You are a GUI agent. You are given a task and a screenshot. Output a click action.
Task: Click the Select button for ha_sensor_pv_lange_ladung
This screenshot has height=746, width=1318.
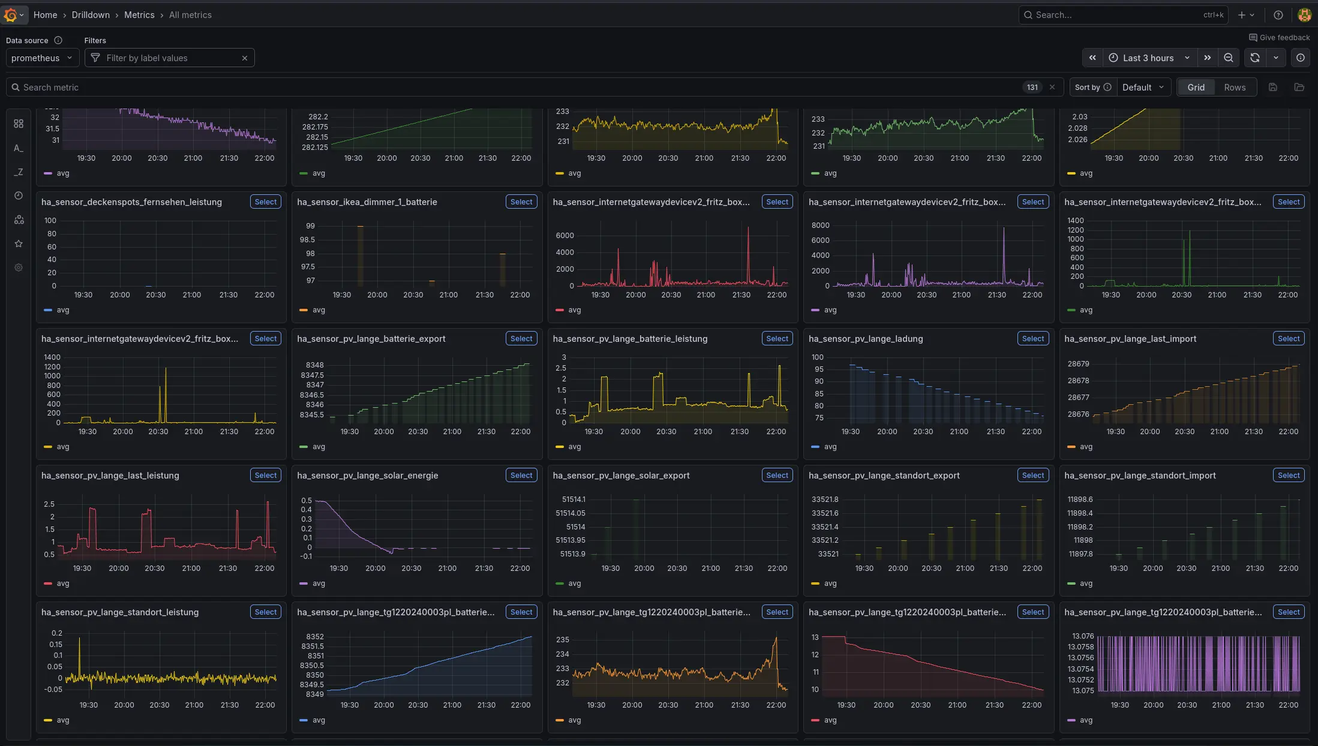point(1032,339)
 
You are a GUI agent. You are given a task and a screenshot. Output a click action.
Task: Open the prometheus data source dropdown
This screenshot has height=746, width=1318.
point(42,58)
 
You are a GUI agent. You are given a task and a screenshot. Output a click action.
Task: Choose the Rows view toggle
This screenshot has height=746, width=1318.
point(1234,88)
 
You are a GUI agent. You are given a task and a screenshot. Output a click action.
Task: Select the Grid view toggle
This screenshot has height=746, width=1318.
point(1195,88)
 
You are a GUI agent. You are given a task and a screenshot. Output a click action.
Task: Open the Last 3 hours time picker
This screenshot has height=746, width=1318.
point(1148,58)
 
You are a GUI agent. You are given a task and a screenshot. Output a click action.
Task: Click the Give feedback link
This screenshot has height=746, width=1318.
point(1279,38)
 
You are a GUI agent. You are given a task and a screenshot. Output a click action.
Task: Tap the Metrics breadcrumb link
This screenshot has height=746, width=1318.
point(139,15)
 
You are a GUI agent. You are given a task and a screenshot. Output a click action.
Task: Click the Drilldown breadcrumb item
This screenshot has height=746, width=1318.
point(91,15)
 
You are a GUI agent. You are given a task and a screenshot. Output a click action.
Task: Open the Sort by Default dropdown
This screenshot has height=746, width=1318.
point(1142,88)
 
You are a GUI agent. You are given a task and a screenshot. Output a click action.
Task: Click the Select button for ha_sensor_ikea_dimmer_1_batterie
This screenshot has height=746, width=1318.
point(521,202)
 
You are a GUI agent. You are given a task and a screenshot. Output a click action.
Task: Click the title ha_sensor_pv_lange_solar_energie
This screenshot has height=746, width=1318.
point(367,476)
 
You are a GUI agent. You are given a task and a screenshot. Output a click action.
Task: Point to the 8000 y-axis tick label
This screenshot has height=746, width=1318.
point(820,225)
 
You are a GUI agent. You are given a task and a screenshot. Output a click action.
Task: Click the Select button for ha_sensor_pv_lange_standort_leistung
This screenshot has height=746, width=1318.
point(265,612)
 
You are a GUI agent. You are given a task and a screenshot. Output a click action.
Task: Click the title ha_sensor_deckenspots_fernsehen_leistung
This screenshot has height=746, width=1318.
point(131,202)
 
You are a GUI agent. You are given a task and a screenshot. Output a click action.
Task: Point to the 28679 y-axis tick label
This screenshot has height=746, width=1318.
point(1077,364)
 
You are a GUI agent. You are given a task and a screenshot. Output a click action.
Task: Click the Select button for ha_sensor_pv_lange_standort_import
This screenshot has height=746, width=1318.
point(1288,476)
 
